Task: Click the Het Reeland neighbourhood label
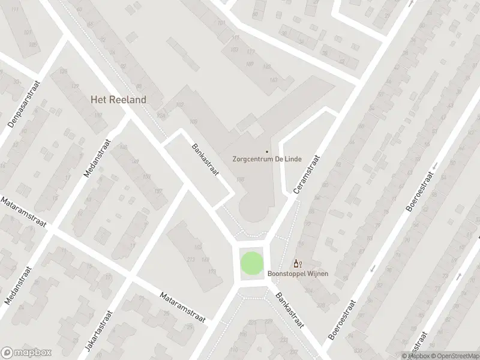pyautogui.click(x=118, y=100)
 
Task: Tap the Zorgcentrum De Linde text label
pyautogui.click(x=267, y=160)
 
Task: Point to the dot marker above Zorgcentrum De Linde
pyautogui.click(x=267, y=151)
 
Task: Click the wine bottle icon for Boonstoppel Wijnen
pyautogui.click(x=297, y=263)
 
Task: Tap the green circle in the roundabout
pyautogui.click(x=251, y=264)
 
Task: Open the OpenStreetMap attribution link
pyautogui.click(x=456, y=356)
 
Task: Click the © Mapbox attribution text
pyautogui.click(x=417, y=356)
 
